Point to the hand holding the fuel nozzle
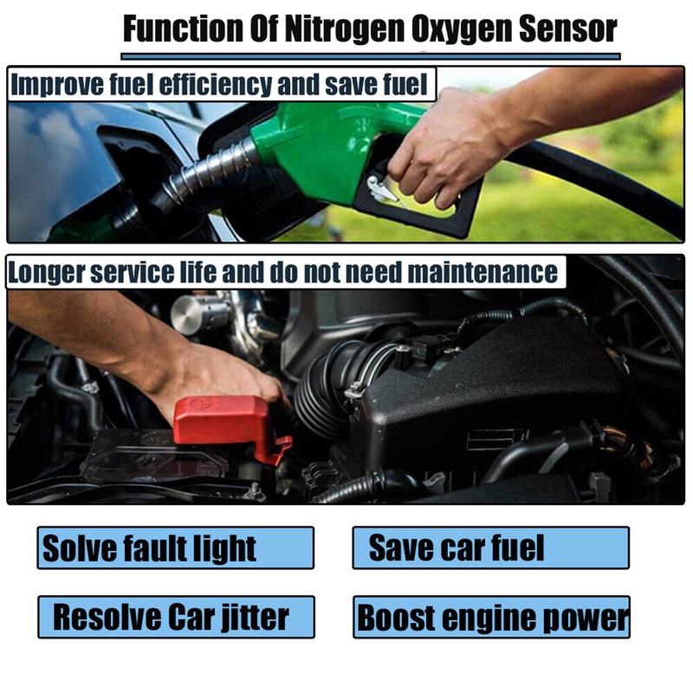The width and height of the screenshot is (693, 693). (442, 143)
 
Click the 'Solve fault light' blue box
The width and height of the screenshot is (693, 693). (175, 547)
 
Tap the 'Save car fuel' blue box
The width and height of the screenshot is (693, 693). (490, 547)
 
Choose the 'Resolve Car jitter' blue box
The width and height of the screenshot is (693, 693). (175, 617)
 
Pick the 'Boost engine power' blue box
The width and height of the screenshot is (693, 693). (490, 617)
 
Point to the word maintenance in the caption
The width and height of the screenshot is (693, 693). (483, 273)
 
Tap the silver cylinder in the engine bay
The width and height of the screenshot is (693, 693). (196, 313)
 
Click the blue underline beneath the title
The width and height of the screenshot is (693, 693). (371, 56)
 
